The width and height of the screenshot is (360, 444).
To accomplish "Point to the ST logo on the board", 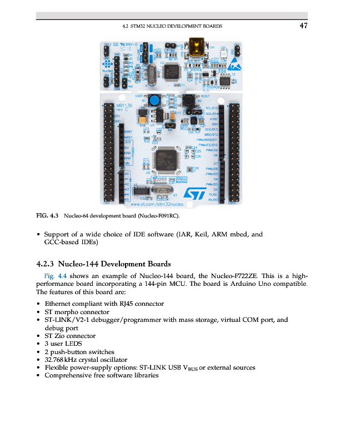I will coord(195,193).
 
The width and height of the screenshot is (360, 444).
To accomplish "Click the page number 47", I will coord(303,26).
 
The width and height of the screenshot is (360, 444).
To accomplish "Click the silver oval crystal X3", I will coord(161,192).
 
